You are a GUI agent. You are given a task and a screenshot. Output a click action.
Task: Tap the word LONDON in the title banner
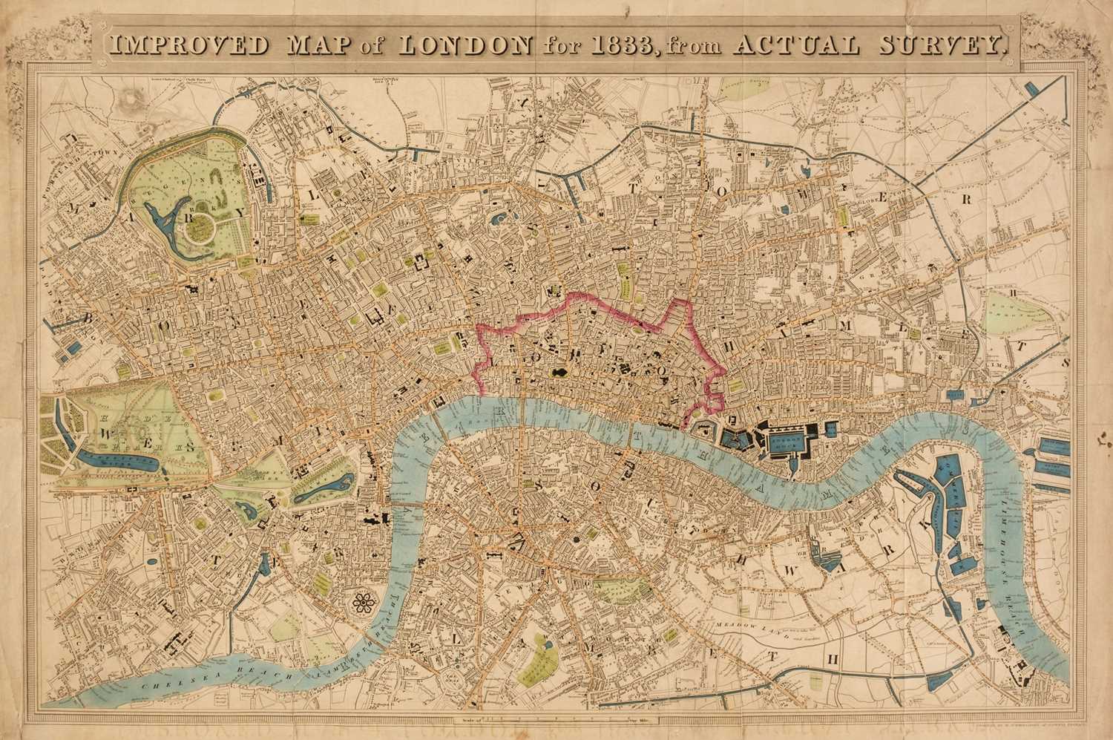click(464, 45)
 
